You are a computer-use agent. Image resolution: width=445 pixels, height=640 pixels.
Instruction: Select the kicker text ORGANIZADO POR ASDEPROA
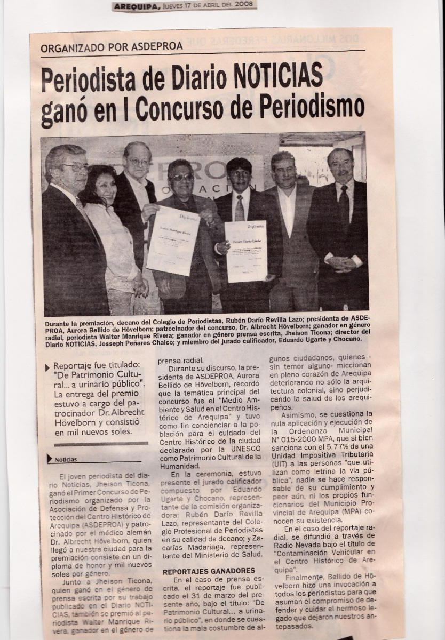[x=112, y=46]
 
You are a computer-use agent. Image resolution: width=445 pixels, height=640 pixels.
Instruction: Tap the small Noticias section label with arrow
[x=64, y=459]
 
